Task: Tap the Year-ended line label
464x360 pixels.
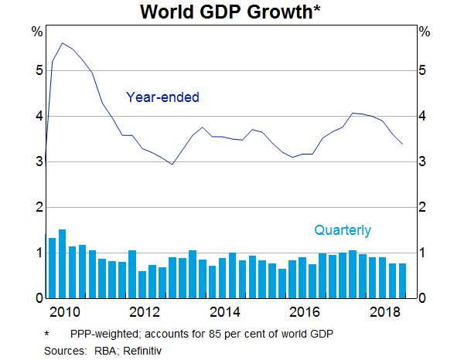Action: click(x=162, y=97)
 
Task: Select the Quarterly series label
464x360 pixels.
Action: click(x=342, y=230)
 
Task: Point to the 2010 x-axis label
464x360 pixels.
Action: click(x=64, y=312)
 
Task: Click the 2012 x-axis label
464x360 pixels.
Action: click(x=145, y=312)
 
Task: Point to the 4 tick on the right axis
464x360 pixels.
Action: click(x=424, y=116)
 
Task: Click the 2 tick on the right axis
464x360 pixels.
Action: click(x=424, y=207)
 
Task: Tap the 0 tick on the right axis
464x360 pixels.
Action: click(x=424, y=298)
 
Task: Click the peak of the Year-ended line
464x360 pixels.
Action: click(x=62, y=43)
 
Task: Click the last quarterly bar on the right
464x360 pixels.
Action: click(x=402, y=280)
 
